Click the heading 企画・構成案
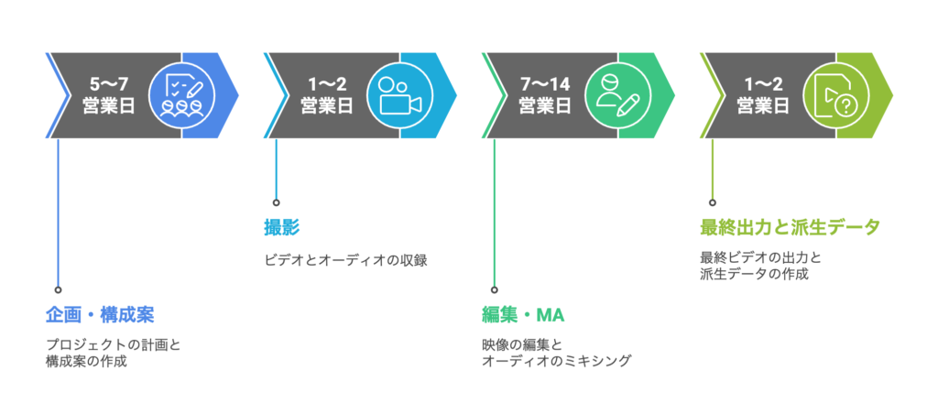(x=100, y=316)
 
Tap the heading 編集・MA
(x=523, y=316)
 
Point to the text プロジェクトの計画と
(x=119, y=345)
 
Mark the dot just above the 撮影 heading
(x=277, y=202)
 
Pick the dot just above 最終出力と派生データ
(x=713, y=202)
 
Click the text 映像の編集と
(x=522, y=345)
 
